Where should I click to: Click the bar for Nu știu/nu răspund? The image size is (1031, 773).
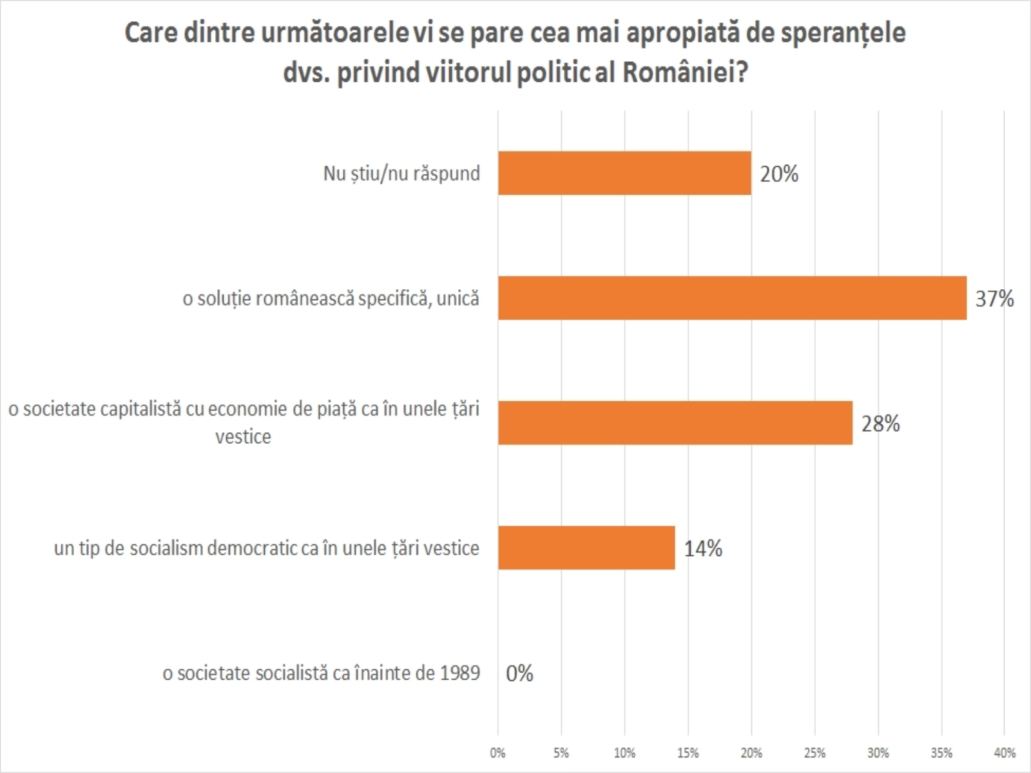(x=624, y=173)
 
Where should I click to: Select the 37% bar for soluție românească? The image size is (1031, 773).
(x=732, y=298)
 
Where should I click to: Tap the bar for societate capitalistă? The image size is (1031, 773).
(x=675, y=423)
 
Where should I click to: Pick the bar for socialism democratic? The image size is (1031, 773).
(x=586, y=548)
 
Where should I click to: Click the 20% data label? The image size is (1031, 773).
(x=779, y=174)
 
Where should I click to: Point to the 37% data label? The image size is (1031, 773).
(x=994, y=299)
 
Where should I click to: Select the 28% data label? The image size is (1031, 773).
(x=880, y=424)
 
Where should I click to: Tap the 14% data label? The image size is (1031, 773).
(x=703, y=549)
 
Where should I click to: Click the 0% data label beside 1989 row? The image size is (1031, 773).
(x=519, y=674)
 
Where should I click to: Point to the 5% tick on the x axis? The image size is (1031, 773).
(x=561, y=752)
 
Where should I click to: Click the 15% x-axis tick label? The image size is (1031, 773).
(x=688, y=752)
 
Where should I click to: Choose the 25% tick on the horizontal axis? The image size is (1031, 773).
(x=814, y=752)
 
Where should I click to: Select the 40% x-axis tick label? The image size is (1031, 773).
(x=1005, y=752)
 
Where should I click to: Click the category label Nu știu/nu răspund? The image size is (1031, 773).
(x=401, y=174)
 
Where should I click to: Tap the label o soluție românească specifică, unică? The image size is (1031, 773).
(x=331, y=299)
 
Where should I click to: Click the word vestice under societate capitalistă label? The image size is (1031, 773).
(x=243, y=437)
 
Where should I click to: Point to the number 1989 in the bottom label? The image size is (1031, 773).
(x=460, y=674)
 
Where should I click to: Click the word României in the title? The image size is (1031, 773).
(x=685, y=73)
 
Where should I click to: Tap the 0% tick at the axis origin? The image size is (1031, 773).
(x=497, y=752)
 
